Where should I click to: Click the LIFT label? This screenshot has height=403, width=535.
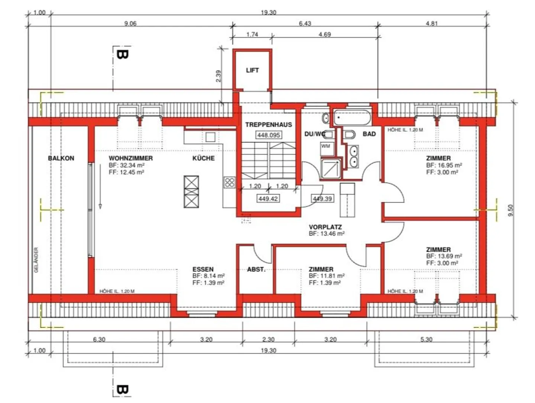[252, 70]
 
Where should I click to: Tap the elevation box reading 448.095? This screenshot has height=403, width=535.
[269, 135]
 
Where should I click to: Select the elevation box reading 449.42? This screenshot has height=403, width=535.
[268, 199]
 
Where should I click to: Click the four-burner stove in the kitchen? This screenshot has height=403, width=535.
[229, 183]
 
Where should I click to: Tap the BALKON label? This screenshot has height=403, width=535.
[61, 158]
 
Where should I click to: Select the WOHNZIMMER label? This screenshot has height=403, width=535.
[130, 158]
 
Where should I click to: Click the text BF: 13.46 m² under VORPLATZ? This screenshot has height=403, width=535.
[327, 234]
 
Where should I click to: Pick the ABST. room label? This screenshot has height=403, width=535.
[256, 269]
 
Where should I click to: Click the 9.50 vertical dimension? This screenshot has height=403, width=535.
[510, 210]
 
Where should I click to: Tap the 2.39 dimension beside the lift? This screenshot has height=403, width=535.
[218, 76]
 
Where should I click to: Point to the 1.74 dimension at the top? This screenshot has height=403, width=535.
[252, 34]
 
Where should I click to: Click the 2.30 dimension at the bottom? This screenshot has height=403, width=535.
[268, 339]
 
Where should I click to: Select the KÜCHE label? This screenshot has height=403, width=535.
[204, 158]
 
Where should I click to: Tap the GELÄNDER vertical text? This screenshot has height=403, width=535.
[36, 260]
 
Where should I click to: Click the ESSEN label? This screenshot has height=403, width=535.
[203, 269]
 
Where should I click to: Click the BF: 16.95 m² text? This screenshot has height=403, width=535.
[444, 165]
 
